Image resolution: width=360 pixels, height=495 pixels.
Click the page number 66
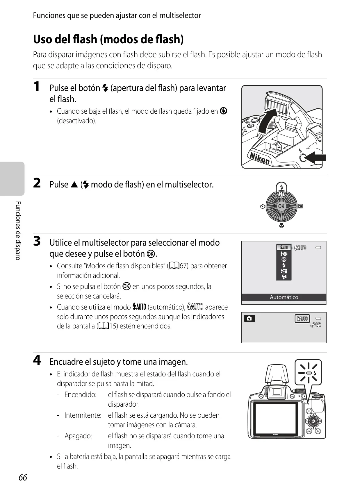click(x=23, y=478)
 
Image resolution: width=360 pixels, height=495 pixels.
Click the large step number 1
click(x=37, y=86)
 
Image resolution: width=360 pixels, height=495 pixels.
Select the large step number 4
click(x=37, y=360)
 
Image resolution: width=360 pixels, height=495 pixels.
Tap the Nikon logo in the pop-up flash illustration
click(x=260, y=158)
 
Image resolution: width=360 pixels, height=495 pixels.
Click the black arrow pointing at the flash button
click(x=315, y=158)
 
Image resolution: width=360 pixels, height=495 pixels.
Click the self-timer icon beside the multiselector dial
click(x=263, y=207)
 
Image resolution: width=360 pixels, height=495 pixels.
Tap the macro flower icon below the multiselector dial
click(x=281, y=225)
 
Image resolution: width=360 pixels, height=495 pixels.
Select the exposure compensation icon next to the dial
click(x=300, y=206)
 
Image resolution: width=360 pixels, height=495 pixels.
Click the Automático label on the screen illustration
click(x=284, y=297)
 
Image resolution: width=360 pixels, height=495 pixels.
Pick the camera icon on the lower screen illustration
click(x=249, y=319)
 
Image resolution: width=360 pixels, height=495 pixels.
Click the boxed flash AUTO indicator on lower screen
click(x=302, y=319)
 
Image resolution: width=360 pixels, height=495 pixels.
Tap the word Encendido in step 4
click(x=81, y=394)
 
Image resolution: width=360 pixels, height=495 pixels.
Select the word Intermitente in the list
click(x=83, y=415)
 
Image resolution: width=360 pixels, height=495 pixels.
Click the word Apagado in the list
click(x=78, y=436)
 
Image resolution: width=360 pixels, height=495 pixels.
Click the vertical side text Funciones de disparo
click(x=18, y=231)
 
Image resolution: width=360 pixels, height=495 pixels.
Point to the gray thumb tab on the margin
click(x=12, y=178)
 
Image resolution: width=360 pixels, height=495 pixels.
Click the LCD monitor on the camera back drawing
click(x=276, y=419)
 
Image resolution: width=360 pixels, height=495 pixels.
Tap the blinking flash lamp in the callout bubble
click(x=309, y=373)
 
